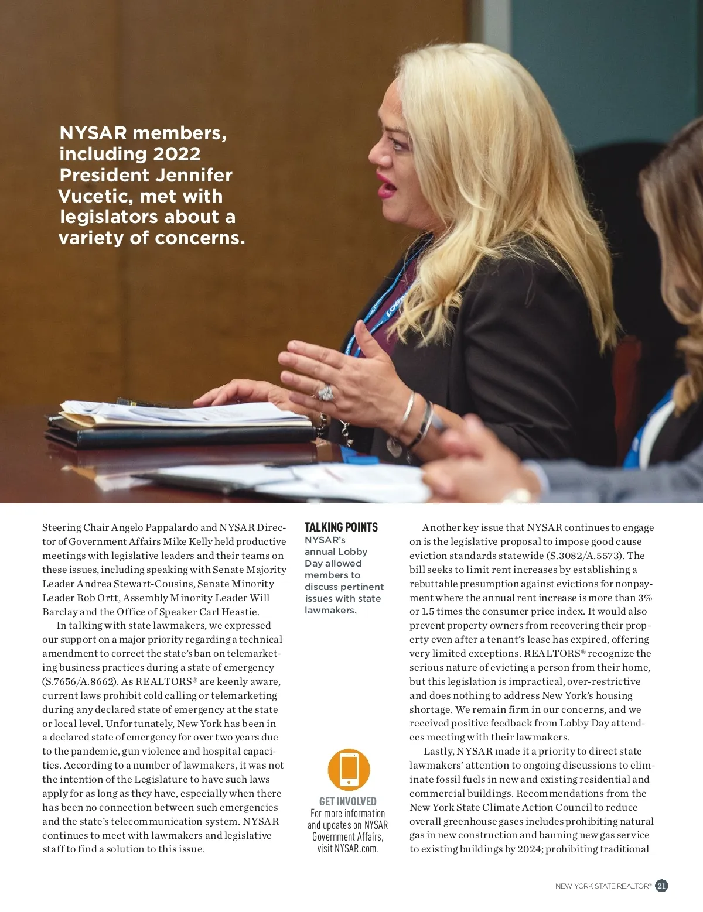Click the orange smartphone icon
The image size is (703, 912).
click(349, 769)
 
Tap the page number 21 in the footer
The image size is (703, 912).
click(661, 886)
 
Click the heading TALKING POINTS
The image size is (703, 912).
click(341, 527)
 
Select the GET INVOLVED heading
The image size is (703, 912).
click(347, 801)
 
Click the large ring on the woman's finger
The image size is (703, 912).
click(326, 392)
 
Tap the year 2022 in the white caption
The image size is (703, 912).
click(177, 154)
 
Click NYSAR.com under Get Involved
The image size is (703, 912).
click(356, 848)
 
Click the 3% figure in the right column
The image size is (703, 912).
click(645, 598)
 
